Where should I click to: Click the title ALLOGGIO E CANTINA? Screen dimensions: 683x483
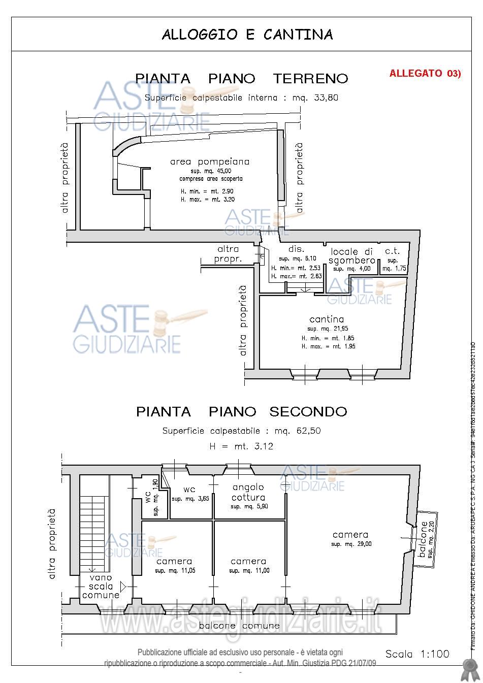(x=247, y=35)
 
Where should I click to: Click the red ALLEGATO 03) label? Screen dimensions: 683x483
(x=425, y=73)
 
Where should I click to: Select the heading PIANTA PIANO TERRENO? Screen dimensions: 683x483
(x=241, y=79)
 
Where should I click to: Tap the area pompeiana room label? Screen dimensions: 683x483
(x=210, y=162)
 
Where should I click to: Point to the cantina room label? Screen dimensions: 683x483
(x=327, y=319)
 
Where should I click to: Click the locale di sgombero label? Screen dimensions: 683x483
(x=352, y=256)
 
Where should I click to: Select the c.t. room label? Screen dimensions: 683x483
(x=393, y=252)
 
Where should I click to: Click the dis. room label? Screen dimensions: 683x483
(x=296, y=249)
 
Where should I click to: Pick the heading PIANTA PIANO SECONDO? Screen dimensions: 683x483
(x=241, y=411)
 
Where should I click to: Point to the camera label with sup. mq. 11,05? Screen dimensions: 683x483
(x=174, y=561)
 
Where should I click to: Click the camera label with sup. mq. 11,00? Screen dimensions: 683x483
(x=248, y=561)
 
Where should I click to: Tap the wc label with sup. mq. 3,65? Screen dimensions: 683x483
(x=189, y=490)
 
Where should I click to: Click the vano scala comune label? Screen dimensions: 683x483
(x=101, y=587)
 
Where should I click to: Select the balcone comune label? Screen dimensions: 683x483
(x=239, y=625)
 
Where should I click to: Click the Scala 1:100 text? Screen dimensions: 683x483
(x=417, y=654)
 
